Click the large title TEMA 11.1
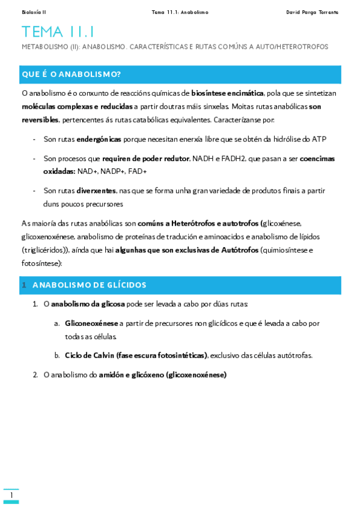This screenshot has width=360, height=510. pos(58,32)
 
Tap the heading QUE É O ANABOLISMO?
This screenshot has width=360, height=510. pos(72,74)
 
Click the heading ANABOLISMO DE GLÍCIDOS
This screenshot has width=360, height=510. pos(89,284)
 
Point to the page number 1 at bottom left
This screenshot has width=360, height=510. pos(11,495)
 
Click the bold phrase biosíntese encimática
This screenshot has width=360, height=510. pos(227,93)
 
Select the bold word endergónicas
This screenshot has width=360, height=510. pos(99,139)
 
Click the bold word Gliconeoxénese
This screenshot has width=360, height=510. pos(91,323)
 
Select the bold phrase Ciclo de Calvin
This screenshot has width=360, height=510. pos(90,355)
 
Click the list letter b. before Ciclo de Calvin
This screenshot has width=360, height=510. pos(56,355)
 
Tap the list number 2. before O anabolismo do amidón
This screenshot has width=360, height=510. pos(35,375)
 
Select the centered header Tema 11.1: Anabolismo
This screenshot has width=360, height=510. pos(180,12)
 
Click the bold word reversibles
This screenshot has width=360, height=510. pos(40,120)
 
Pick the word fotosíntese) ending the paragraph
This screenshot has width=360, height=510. pos(41,263)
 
